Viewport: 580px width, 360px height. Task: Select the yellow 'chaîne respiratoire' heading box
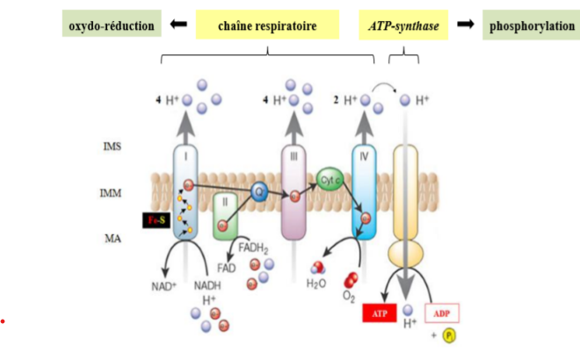(x=267, y=26)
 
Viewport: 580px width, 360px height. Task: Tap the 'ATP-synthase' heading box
(x=404, y=26)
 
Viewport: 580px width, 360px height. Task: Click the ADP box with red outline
(x=443, y=313)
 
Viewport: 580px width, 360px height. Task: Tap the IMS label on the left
(x=112, y=147)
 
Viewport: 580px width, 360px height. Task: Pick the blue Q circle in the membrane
(x=258, y=191)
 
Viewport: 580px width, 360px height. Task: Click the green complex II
(x=226, y=216)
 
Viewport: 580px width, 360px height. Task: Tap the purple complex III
(x=294, y=192)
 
